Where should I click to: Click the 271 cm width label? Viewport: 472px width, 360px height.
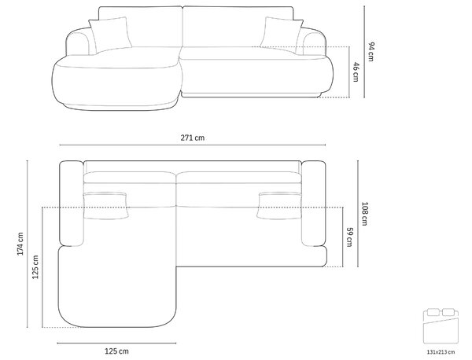193,138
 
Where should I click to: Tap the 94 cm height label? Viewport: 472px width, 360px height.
371,52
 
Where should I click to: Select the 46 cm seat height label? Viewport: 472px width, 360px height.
356,72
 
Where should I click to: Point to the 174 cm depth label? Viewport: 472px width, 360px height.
20,244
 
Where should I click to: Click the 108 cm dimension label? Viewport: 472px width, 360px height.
364,214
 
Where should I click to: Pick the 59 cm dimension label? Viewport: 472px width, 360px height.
349,237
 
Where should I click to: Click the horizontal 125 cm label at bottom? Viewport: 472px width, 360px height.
116,351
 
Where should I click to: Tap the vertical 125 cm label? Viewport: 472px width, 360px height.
35,266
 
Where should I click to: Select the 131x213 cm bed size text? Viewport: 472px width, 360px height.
441,352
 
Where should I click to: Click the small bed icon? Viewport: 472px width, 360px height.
441,325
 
